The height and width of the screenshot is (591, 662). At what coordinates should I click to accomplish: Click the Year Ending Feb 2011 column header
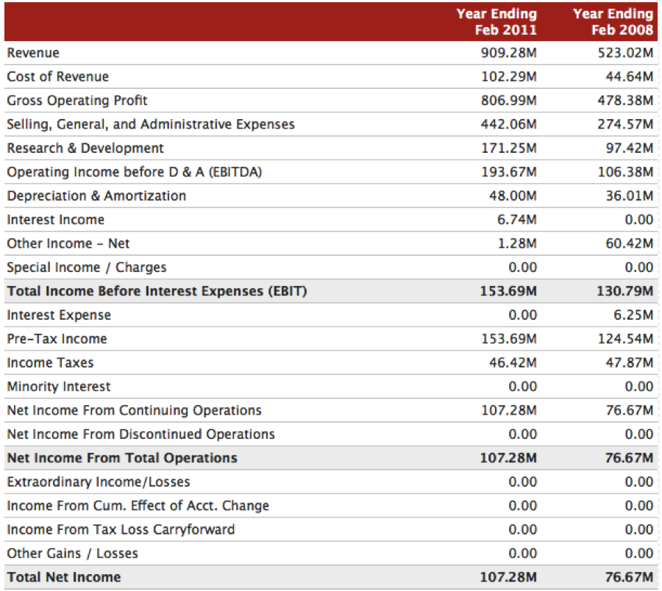tap(496, 21)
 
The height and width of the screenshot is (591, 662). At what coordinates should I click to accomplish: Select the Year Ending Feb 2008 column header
tap(613, 21)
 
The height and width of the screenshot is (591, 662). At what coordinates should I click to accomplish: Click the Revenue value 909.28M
tap(509, 53)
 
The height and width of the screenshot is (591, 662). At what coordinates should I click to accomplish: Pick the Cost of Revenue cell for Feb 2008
tap(630, 76)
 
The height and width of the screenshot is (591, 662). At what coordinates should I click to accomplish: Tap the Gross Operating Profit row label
tap(77, 101)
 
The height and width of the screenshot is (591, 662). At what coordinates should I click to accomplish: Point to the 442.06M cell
tap(509, 124)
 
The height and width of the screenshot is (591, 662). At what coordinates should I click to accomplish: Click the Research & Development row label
tap(85, 148)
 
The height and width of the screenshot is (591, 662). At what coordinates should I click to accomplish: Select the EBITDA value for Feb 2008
tap(626, 172)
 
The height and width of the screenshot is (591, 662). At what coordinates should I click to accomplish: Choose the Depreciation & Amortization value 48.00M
tap(513, 196)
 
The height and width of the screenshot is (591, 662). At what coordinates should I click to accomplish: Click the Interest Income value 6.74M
tap(517, 219)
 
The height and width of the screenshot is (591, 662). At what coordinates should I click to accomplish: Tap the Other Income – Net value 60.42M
tap(630, 243)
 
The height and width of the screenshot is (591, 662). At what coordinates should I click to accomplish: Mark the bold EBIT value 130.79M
tap(624, 291)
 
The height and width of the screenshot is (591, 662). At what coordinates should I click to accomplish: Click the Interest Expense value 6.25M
tap(633, 315)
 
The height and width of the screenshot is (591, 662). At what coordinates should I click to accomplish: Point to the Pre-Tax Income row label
tap(57, 339)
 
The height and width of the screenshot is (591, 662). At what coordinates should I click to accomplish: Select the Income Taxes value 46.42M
tap(513, 362)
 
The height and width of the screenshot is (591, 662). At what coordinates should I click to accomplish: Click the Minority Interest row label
tap(59, 387)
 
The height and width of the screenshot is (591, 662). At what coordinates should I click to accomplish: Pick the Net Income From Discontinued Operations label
tap(141, 434)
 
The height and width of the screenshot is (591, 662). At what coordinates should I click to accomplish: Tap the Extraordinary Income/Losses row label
tap(99, 481)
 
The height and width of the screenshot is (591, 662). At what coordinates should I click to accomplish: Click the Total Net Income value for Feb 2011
tap(508, 577)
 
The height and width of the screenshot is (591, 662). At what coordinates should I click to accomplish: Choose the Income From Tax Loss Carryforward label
tap(121, 529)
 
